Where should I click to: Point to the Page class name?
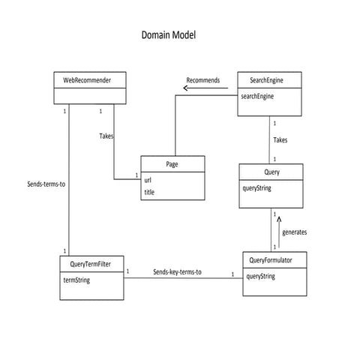[x=172, y=163]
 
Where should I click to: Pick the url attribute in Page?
[x=148, y=180]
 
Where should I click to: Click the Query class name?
[x=271, y=172]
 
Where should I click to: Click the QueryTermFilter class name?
[x=91, y=264]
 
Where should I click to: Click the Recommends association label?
[x=202, y=79]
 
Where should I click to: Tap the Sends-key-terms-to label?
[x=177, y=271]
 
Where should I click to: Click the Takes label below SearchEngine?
[x=279, y=139]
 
